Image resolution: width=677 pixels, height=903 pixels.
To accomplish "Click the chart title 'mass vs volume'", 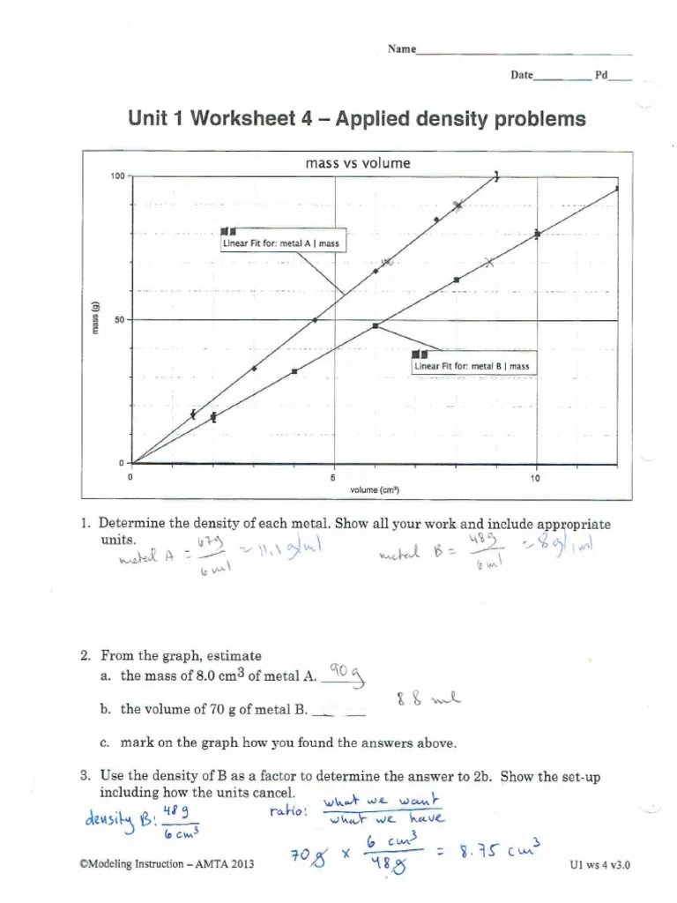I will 357,163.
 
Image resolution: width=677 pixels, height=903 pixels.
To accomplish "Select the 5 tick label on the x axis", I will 332,478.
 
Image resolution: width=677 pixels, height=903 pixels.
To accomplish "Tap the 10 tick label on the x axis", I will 535,478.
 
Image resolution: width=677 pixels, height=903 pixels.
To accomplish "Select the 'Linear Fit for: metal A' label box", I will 284,243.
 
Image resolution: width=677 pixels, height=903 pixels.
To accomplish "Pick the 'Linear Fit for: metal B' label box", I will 472,365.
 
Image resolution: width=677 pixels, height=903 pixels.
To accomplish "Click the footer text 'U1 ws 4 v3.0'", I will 600,866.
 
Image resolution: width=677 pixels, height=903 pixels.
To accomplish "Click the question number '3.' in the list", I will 86,776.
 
